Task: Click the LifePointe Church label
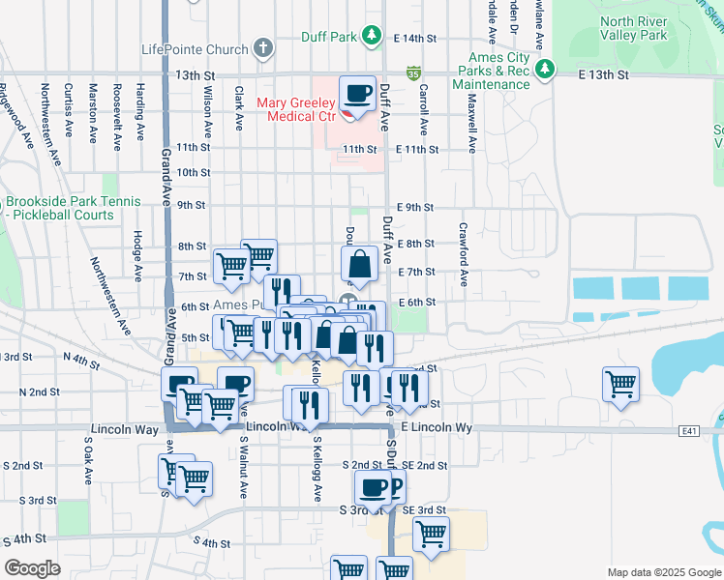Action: click(x=195, y=48)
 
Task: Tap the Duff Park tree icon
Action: click(x=371, y=36)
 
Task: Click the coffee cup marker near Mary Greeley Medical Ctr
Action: click(x=357, y=95)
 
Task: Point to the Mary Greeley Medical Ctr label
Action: click(x=295, y=109)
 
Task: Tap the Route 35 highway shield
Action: click(x=413, y=72)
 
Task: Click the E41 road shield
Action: click(x=688, y=431)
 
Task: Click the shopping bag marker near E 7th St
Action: click(x=359, y=263)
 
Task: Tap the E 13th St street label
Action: click(x=603, y=73)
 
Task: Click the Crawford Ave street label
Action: click(x=464, y=255)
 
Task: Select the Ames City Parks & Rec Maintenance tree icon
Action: click(x=546, y=69)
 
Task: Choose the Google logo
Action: click(x=33, y=568)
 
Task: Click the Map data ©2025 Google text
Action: click(x=664, y=572)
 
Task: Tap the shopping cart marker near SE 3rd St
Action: click(x=431, y=532)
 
